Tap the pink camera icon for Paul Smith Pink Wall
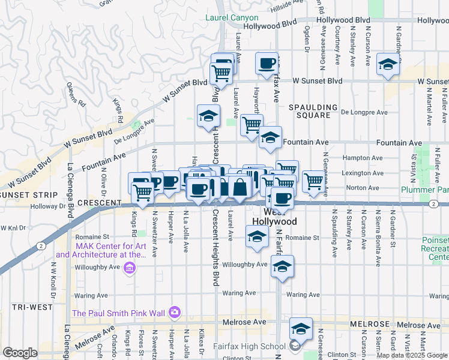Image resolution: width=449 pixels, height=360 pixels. point(175,311)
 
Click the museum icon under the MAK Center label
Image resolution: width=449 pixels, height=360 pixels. point(129,268)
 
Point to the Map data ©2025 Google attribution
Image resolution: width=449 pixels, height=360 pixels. point(412,355)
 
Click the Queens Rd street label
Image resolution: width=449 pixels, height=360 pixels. point(77,97)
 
